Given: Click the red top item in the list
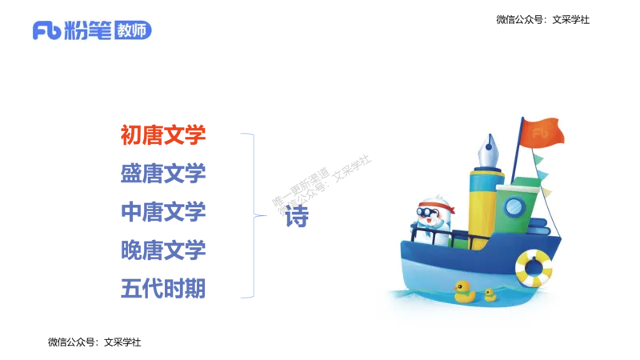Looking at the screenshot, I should pyautogui.click(x=163, y=133).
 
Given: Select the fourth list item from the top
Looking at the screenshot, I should pyautogui.click(x=163, y=249).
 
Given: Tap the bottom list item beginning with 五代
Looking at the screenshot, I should pyautogui.click(x=163, y=287).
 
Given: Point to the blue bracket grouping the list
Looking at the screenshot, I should pyautogui.click(x=253, y=214).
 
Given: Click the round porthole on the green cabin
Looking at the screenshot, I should pyautogui.click(x=512, y=207).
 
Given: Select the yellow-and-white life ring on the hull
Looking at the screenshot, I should pyautogui.click(x=534, y=268).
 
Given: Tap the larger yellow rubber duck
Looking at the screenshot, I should pyautogui.click(x=464, y=291).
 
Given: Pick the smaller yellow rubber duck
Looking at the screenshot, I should pyautogui.click(x=490, y=294).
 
